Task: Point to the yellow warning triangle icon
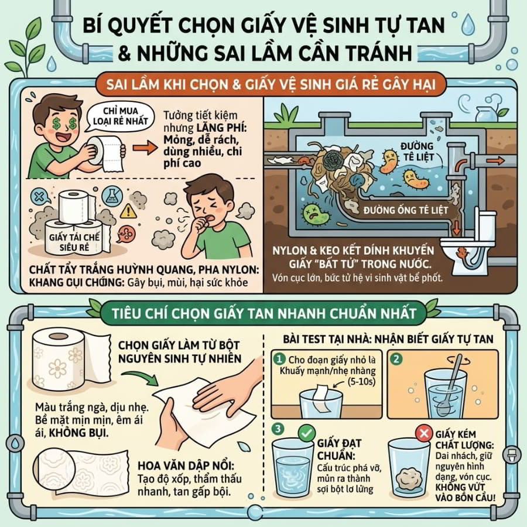click(x=128, y=211)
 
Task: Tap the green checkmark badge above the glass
click(x=306, y=433)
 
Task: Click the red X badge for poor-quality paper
click(x=424, y=433)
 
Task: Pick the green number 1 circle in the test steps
click(x=279, y=359)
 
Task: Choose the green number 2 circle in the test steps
click(x=396, y=359)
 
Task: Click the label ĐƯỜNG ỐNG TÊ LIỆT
click(x=406, y=210)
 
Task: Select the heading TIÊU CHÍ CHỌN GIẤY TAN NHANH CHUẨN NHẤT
click(x=264, y=313)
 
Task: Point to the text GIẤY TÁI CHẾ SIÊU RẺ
click(x=74, y=242)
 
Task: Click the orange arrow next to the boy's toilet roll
click(x=145, y=148)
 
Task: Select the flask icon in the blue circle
click(x=112, y=196)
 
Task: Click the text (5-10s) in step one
click(x=361, y=382)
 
